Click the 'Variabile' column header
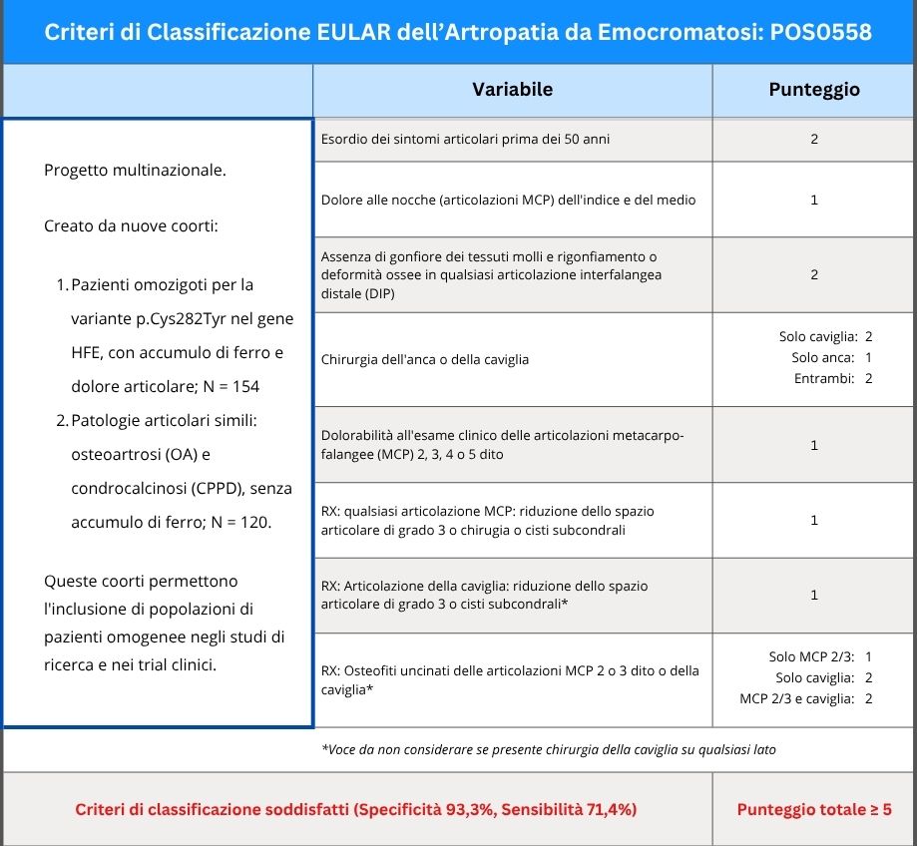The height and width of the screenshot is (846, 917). click(512, 90)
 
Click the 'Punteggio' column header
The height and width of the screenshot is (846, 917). click(813, 90)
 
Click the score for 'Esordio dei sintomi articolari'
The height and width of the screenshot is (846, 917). click(813, 140)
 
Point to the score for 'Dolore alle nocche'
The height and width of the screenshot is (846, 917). click(813, 200)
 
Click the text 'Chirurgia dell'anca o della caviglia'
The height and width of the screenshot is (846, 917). click(425, 359)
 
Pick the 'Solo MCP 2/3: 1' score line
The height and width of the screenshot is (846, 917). click(820, 656)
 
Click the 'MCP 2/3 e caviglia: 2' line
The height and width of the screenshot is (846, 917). click(806, 698)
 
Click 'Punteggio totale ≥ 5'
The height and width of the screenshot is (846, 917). click(813, 809)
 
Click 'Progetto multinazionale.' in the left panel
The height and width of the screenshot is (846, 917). click(136, 170)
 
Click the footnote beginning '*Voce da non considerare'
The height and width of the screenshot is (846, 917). click(548, 749)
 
